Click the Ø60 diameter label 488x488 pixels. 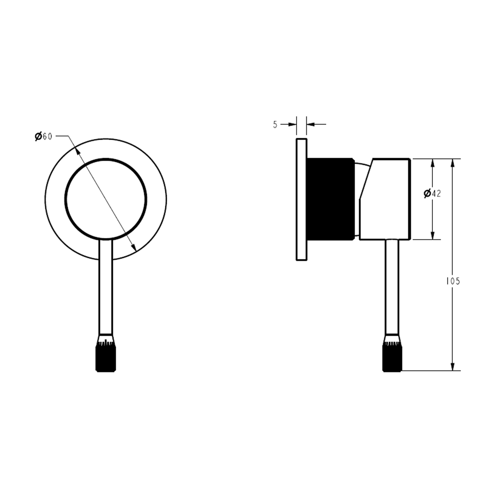[43, 136]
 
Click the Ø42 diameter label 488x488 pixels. [432, 193]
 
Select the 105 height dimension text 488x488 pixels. [453, 281]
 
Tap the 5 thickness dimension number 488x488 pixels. [275, 125]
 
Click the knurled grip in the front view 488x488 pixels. [106, 358]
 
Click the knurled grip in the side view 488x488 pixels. [392, 358]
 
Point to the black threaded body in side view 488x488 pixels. [330, 198]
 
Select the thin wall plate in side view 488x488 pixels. [301, 199]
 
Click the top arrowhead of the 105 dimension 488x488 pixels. [453, 164]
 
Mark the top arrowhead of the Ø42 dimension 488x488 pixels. [432, 164]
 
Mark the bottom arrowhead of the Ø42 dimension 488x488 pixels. [432, 235]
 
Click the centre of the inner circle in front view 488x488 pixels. [106, 199]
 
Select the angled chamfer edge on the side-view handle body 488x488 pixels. [366, 179]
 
